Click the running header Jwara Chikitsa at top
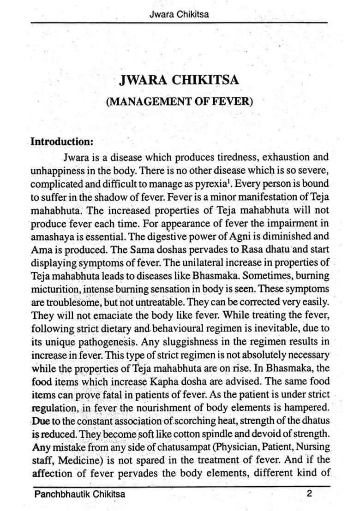pyautogui.click(x=179, y=14)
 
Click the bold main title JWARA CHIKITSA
pyautogui.click(x=179, y=80)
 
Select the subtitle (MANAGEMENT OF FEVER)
pyautogui.click(x=180, y=101)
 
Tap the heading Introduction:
pyautogui.click(x=62, y=141)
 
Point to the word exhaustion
pyautogui.click(x=286, y=157)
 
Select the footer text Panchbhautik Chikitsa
pyautogui.click(x=79, y=494)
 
